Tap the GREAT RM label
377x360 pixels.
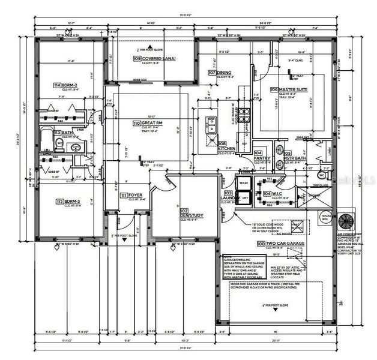coord(152,122)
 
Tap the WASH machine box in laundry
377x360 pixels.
coord(243,183)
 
